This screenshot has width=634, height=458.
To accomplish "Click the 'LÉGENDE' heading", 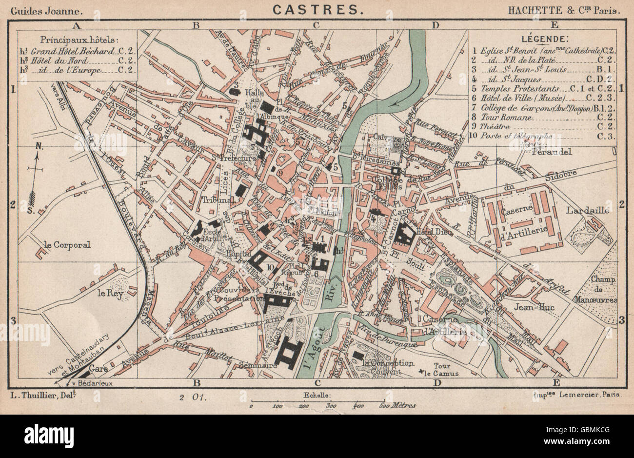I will [543, 39].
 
